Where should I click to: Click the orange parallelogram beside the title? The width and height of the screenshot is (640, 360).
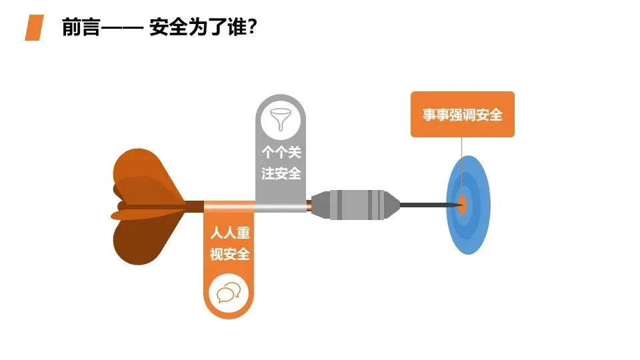point(35,28)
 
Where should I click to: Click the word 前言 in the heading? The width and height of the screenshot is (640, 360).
point(80,28)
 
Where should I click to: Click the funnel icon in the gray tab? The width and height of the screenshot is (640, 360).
point(281,122)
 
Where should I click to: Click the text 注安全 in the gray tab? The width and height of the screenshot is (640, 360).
point(281,174)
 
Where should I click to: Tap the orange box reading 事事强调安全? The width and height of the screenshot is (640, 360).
point(462,115)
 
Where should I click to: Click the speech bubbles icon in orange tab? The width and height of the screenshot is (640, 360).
point(229,293)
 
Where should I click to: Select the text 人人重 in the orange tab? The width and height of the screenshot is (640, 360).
point(229,234)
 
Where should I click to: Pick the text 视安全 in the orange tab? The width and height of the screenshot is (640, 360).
point(229,254)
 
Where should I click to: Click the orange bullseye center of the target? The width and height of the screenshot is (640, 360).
point(462,204)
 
